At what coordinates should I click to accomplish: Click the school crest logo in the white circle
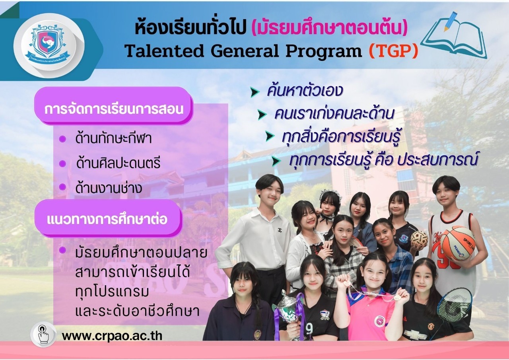point(49,43)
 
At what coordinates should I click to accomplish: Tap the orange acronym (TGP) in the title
point(393,51)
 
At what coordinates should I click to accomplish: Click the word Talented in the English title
point(164,51)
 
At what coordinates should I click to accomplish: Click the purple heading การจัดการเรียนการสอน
point(114,109)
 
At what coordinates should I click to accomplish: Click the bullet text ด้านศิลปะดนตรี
point(118,163)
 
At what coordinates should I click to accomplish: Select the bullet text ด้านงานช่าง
point(109,188)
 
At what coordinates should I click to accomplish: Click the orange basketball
point(458,243)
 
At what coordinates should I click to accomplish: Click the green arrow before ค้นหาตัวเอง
point(255,92)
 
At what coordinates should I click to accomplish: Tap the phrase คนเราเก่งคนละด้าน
point(334,114)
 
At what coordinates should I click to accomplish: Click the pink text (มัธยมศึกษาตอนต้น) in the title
point(329,28)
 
